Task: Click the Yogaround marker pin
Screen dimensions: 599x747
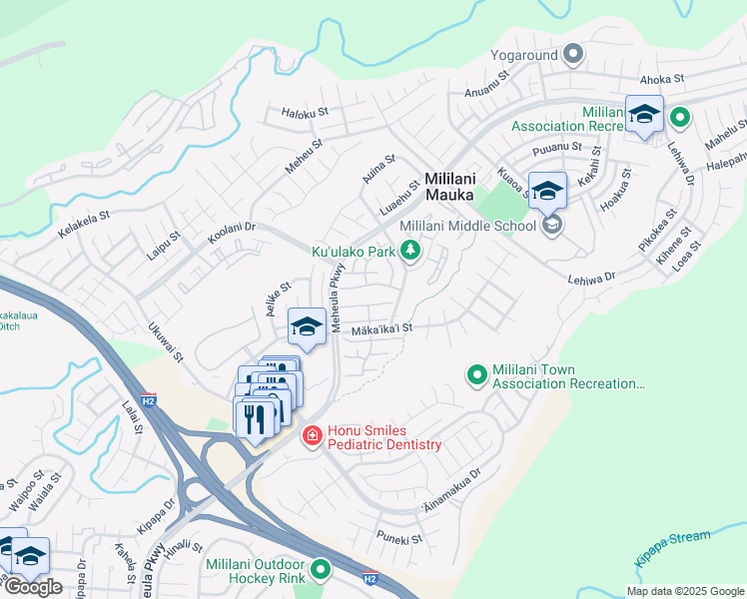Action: pos(573,53)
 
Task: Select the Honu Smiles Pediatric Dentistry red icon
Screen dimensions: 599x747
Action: pos(312,436)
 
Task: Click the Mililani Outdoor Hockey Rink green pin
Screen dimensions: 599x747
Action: pos(320,570)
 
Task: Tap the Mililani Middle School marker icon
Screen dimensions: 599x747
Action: pos(552,226)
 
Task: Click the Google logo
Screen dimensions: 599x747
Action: pos(33,587)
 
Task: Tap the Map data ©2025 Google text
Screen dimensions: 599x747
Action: pos(684,591)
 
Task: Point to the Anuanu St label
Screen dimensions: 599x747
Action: pos(488,93)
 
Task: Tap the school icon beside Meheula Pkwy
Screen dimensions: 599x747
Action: pos(307,326)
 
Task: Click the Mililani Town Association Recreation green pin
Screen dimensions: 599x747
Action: pos(477,375)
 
